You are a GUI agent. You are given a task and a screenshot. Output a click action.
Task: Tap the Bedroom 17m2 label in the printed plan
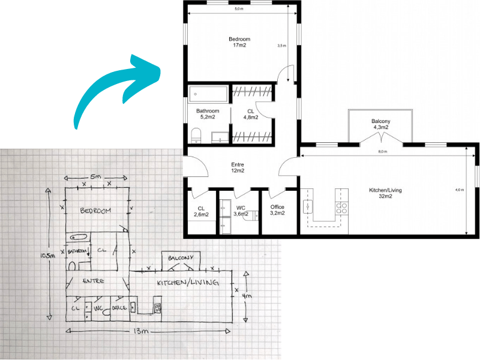pos(239,43)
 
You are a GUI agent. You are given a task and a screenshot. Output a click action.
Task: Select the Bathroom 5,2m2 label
pos(208,114)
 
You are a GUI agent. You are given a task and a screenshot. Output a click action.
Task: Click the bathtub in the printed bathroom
pos(208,94)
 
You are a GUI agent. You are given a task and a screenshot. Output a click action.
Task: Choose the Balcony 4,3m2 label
pos(380,124)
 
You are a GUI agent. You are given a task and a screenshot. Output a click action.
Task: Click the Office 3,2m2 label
pos(277,210)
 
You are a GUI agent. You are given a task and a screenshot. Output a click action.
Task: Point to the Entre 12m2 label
pos(238,167)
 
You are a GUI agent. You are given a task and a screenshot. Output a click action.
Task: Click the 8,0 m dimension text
pos(383,152)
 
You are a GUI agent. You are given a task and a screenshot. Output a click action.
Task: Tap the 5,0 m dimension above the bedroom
pos(239,9)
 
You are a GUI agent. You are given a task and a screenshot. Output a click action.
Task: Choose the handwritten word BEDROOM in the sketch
pos(96,211)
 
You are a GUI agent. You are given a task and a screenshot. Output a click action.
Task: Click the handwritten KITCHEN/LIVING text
pos(187,283)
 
